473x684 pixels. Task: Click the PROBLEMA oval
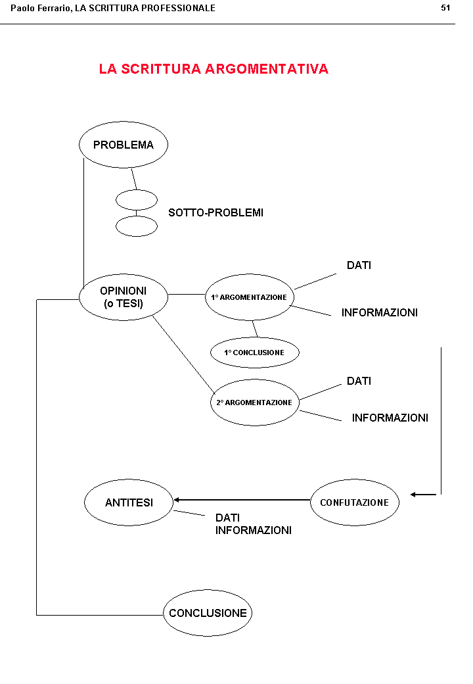point(124,145)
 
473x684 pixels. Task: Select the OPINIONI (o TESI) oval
point(124,297)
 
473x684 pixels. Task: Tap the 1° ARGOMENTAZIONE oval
point(249,297)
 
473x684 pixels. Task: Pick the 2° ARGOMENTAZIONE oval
point(254,402)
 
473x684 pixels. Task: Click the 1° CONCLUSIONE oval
point(254,353)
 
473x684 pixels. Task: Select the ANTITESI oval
point(129,502)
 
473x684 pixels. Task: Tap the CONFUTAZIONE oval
point(354,502)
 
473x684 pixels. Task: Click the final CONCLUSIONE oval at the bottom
point(208,613)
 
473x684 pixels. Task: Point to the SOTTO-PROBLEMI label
point(215,212)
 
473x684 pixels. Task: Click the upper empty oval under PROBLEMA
point(137,199)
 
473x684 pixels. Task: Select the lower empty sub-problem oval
point(137,226)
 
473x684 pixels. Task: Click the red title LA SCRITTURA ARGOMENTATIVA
point(214,69)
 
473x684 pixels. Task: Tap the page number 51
point(445,8)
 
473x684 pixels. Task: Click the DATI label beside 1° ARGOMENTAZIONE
point(359,265)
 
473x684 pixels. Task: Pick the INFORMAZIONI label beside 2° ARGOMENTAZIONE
point(390,418)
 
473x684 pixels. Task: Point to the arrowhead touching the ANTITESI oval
point(176,500)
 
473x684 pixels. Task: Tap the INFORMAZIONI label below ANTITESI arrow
point(253,530)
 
